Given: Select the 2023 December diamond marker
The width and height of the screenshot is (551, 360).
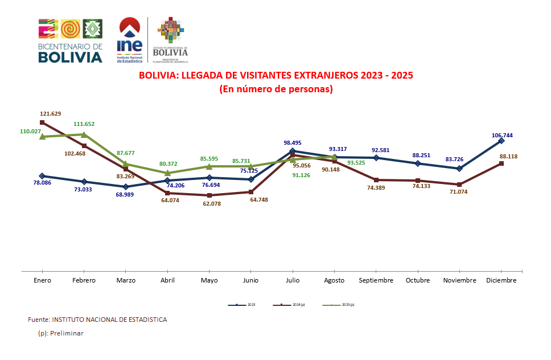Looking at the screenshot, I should [x=501, y=140].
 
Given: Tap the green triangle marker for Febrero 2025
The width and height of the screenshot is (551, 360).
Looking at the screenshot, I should [x=84, y=134].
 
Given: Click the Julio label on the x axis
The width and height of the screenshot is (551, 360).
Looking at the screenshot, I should [x=293, y=280].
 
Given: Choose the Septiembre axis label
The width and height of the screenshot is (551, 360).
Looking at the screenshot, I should [x=376, y=280].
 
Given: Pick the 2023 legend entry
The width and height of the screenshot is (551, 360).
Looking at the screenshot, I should [x=242, y=305].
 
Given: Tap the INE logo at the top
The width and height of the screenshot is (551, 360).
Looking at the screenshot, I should [x=129, y=40].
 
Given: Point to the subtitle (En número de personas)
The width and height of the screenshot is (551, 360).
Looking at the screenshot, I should [x=276, y=89].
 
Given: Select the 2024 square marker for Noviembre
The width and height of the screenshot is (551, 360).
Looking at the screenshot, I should [x=459, y=185].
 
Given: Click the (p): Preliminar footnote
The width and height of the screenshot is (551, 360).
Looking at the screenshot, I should [x=60, y=333].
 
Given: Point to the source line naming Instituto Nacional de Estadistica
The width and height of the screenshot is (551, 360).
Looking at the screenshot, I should [x=97, y=320].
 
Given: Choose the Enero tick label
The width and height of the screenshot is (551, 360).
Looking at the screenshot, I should [x=42, y=280].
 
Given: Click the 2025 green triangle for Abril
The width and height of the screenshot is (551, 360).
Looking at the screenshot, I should [x=167, y=173].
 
